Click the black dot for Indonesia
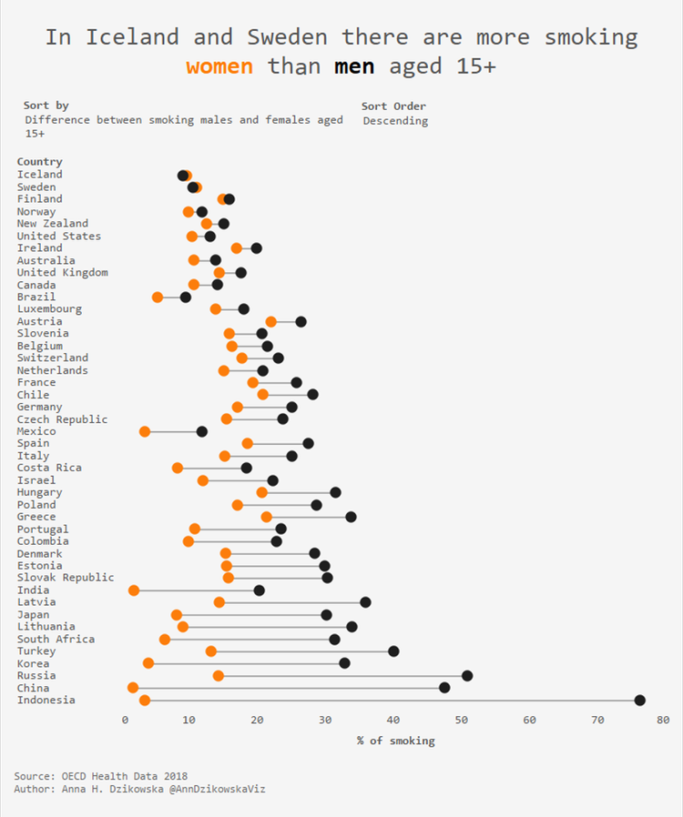tap(639, 700)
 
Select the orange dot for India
tap(134, 590)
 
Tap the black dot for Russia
tap(467, 675)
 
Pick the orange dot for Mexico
tap(145, 431)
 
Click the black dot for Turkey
tap(393, 651)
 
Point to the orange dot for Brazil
tap(158, 297)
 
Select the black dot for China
tap(444, 688)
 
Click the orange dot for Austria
tap(271, 321)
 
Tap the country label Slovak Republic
tap(66, 578)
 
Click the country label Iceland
tap(40, 175)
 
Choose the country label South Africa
tap(56, 639)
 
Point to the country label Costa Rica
tap(49, 468)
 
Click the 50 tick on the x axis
tap(462, 720)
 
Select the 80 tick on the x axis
tap(663, 720)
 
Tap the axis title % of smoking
tap(395, 741)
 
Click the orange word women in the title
tap(219, 66)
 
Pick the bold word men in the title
tap(354, 66)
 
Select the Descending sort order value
tap(395, 121)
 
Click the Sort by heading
tap(46, 106)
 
